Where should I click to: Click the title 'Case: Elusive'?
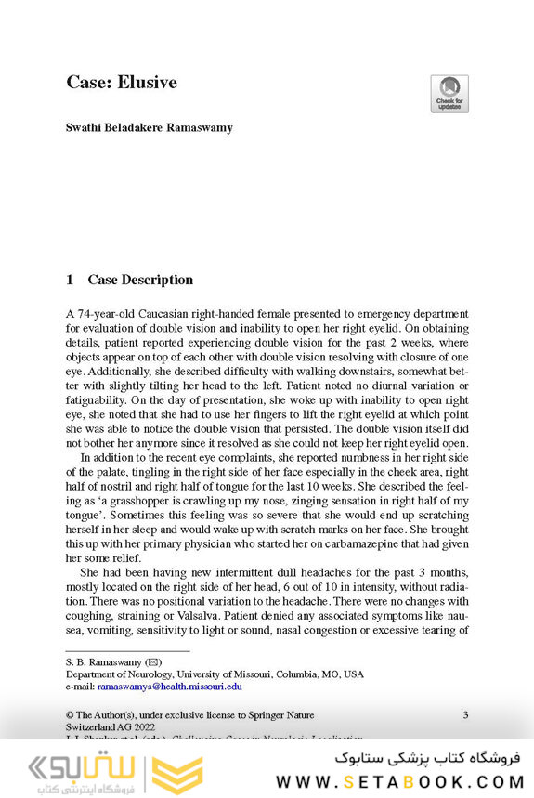pos(122,83)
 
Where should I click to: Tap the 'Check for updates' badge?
pos(449,94)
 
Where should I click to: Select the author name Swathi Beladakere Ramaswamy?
pos(149,127)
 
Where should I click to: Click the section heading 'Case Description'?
pos(140,280)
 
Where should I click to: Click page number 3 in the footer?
pos(465,714)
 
